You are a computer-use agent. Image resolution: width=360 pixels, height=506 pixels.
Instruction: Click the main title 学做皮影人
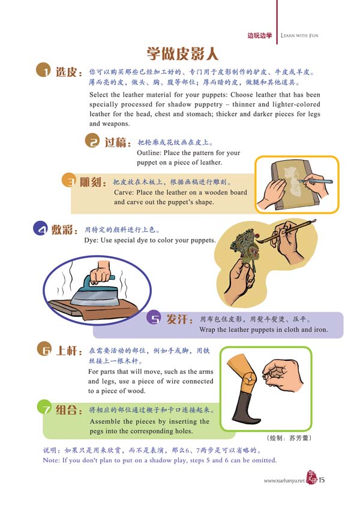(182, 53)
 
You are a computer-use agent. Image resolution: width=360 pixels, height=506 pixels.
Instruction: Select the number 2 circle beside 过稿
(93, 141)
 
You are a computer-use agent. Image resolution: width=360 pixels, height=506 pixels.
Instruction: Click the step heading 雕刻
(93, 182)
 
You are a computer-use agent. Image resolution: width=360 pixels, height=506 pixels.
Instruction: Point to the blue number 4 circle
(41, 229)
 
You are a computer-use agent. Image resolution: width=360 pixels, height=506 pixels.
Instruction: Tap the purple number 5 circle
(154, 318)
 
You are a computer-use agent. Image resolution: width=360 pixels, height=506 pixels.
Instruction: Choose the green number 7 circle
(45, 408)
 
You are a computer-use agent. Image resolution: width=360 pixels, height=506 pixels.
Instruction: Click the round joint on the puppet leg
(250, 378)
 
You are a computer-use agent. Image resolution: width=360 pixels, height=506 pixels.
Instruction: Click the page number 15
(322, 480)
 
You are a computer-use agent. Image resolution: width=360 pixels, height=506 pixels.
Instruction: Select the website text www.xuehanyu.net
(284, 481)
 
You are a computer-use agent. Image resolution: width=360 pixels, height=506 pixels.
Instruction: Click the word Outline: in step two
(149, 152)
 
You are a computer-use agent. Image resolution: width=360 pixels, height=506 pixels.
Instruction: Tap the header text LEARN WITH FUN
(299, 35)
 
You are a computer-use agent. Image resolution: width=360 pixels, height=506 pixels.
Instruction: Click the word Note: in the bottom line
(51, 460)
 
